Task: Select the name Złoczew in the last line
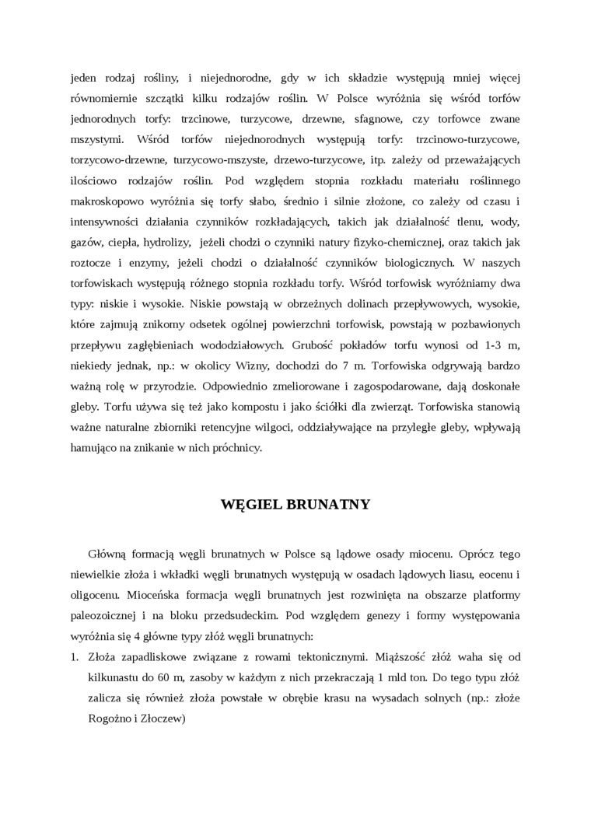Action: click(x=159, y=719)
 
